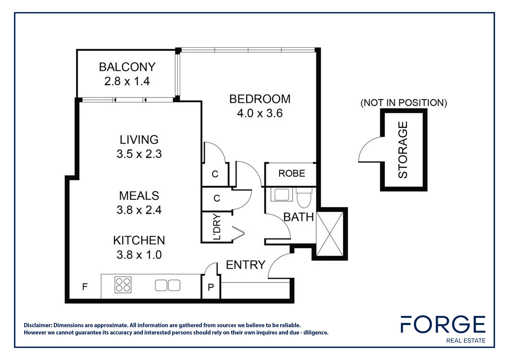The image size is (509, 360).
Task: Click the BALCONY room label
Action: (x=127, y=67)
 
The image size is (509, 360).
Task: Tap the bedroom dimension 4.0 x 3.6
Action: (x=259, y=113)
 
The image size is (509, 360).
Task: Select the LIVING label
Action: (x=139, y=139)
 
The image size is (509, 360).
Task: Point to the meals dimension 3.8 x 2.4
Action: (x=139, y=210)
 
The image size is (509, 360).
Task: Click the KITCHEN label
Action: (x=139, y=240)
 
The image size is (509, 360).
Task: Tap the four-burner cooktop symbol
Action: (x=123, y=285)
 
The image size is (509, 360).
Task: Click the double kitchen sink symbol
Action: (x=168, y=285)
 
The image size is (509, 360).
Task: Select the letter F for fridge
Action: (x=85, y=287)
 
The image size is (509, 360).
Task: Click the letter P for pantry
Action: (x=211, y=287)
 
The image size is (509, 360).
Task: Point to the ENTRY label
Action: (x=246, y=265)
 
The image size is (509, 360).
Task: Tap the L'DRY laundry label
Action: (x=217, y=227)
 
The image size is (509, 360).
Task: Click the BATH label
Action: (x=298, y=217)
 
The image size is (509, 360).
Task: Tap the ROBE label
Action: (x=291, y=173)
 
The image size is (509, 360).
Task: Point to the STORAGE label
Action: (x=403, y=150)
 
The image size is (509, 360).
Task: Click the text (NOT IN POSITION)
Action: (x=403, y=103)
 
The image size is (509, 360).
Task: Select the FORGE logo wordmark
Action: (x=443, y=324)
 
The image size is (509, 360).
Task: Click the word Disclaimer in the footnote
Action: (x=37, y=325)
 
